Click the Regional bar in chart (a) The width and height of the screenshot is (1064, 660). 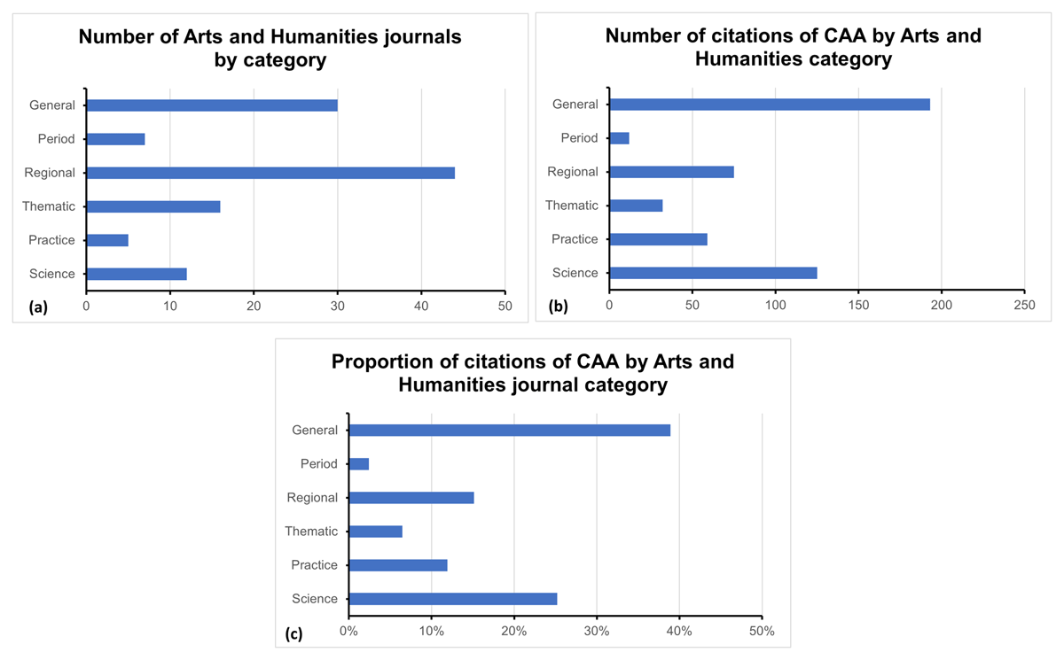270,173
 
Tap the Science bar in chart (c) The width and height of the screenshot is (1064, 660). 452,599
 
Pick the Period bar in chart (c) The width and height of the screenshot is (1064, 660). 358,464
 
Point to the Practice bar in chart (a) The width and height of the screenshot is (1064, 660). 107,240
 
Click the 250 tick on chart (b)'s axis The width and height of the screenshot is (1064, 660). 1024,305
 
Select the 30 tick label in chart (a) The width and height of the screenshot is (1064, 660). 337,306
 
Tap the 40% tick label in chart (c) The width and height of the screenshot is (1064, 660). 679,632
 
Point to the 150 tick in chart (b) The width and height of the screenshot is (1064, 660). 858,305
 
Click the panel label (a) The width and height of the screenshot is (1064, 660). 38,307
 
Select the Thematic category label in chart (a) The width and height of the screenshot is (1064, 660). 51,206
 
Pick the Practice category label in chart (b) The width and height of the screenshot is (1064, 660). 575,239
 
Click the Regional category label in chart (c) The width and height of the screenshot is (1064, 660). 312,498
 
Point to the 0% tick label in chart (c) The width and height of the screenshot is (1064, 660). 348,632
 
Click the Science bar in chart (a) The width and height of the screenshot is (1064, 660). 136,274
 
